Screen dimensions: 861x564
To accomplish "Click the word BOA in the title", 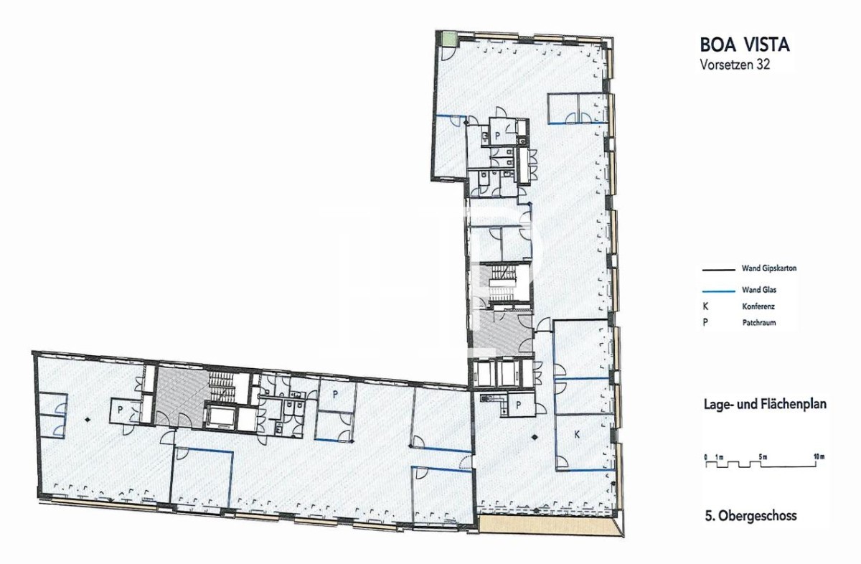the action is tap(718, 45).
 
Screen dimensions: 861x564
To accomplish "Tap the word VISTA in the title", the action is tap(767, 45).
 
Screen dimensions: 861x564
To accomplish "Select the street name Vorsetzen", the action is tap(724, 64).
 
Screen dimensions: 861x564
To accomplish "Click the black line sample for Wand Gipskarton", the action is tap(718, 271).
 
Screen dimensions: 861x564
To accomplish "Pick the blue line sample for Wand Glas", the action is tap(718, 291).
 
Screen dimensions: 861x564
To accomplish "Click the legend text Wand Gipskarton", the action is tap(769, 268).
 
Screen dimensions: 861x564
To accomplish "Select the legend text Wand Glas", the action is tap(759, 290).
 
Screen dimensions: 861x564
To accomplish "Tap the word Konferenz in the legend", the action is tap(757, 307).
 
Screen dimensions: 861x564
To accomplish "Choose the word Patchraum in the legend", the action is tap(759, 323).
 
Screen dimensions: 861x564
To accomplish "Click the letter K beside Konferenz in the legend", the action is tap(705, 307).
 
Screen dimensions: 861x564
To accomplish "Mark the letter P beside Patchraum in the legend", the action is tap(705, 323).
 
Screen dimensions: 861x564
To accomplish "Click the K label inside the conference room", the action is tap(577, 435).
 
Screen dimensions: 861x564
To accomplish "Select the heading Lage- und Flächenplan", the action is tap(765, 404).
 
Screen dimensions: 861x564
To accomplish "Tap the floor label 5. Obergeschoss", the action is tap(751, 515).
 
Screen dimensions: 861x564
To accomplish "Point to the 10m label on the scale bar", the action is tap(819, 457).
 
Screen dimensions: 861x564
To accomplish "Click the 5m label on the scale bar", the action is tap(763, 457).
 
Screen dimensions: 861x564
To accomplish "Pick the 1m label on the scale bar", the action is tap(720, 457).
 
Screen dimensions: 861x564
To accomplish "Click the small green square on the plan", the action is tap(448, 39).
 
